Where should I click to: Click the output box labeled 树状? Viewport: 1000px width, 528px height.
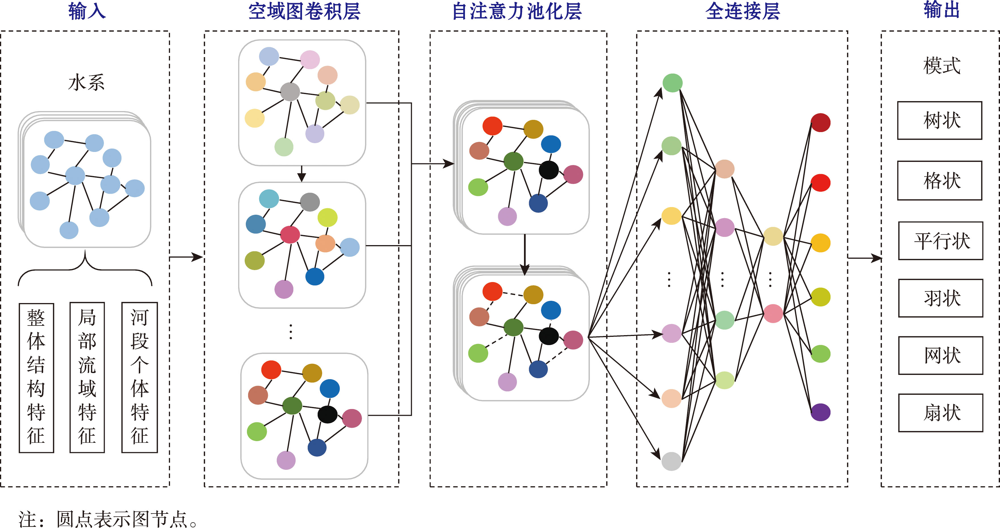click(x=940, y=120)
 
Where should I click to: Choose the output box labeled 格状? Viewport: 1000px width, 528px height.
click(x=940, y=181)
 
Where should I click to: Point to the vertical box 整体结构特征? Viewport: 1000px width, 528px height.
click(x=36, y=378)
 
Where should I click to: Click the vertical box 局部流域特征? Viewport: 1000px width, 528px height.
click(x=87, y=378)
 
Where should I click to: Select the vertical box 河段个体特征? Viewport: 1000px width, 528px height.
click(x=139, y=378)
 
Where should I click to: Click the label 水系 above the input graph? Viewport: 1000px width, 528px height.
click(x=86, y=83)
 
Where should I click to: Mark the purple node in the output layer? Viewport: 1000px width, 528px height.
click(x=820, y=412)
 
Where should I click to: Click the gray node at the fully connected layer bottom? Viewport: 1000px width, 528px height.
click(x=671, y=461)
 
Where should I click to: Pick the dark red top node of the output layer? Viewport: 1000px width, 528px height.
click(x=820, y=123)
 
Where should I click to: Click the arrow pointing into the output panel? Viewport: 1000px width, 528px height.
click(x=865, y=258)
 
